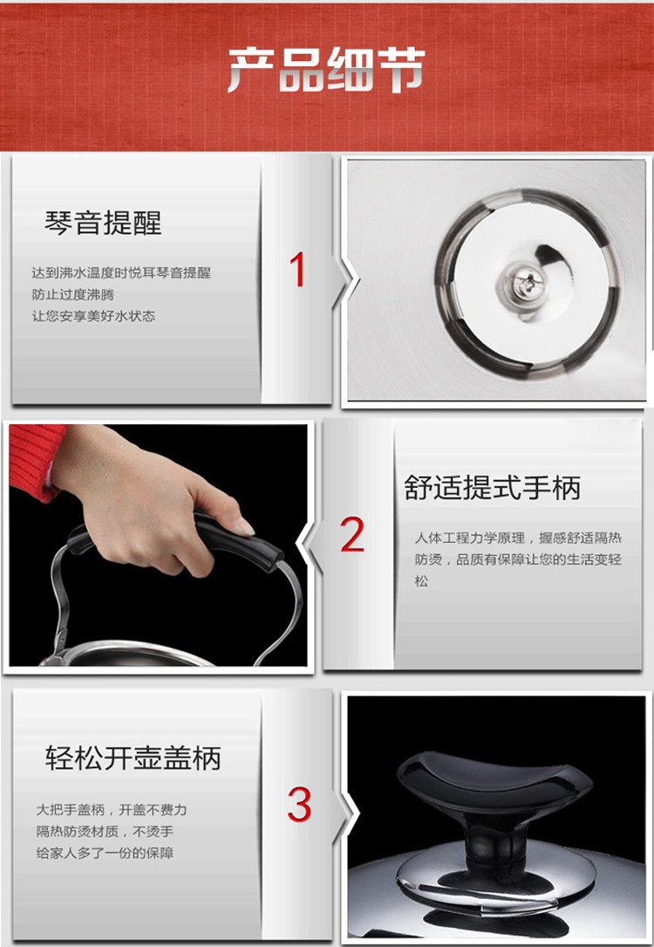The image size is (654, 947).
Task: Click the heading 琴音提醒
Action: click(x=103, y=223)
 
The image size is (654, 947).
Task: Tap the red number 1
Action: click(x=297, y=270)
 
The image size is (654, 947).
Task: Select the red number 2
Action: click(x=352, y=534)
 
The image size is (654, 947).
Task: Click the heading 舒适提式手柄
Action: click(x=493, y=488)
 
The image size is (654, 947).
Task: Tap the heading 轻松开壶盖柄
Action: click(x=133, y=758)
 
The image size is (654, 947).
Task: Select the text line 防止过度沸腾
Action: click(x=73, y=295)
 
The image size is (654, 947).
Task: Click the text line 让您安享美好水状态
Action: click(x=93, y=316)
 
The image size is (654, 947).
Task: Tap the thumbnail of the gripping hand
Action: click(x=159, y=546)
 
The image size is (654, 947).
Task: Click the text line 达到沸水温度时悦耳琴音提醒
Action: click(x=121, y=273)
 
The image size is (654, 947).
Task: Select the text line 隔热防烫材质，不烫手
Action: click(x=105, y=832)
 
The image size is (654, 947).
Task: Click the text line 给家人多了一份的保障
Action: click(x=105, y=854)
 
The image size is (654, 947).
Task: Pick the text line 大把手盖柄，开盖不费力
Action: click(x=111, y=810)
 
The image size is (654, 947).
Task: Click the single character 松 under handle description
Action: click(x=421, y=581)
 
